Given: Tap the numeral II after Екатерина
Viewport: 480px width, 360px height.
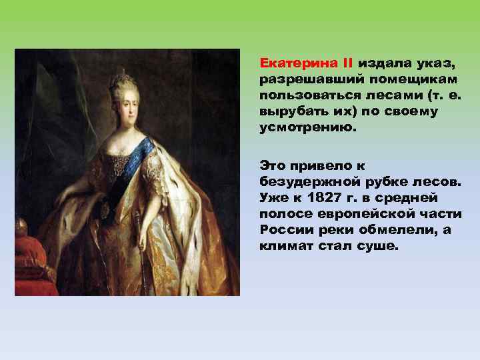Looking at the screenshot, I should [347, 64].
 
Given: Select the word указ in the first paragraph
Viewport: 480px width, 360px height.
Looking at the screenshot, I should [437, 64].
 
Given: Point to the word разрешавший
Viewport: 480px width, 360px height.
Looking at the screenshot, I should [303, 80].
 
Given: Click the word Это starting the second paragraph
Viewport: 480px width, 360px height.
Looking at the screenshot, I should [273, 164].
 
